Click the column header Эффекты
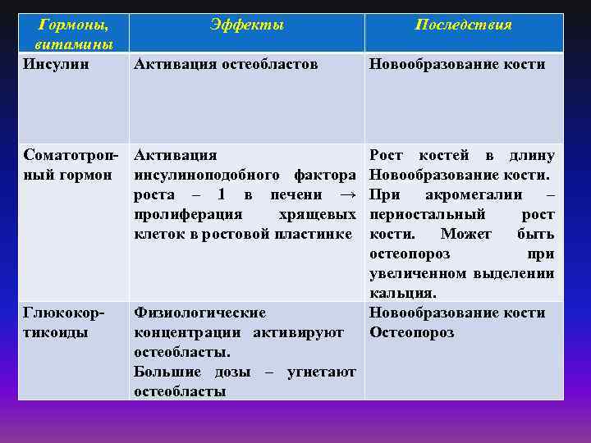pos(246,25)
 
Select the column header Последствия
pos(464,25)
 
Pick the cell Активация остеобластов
pos(226,64)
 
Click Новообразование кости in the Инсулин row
pos(457,64)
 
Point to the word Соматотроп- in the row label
pos(72,155)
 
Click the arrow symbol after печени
pos(347,194)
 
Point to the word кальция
pos(402,293)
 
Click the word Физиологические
pos(199,313)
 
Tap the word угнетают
pos(321,372)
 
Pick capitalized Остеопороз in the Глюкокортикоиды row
pos(411,332)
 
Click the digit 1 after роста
pos(221,194)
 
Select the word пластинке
pos(315,234)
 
